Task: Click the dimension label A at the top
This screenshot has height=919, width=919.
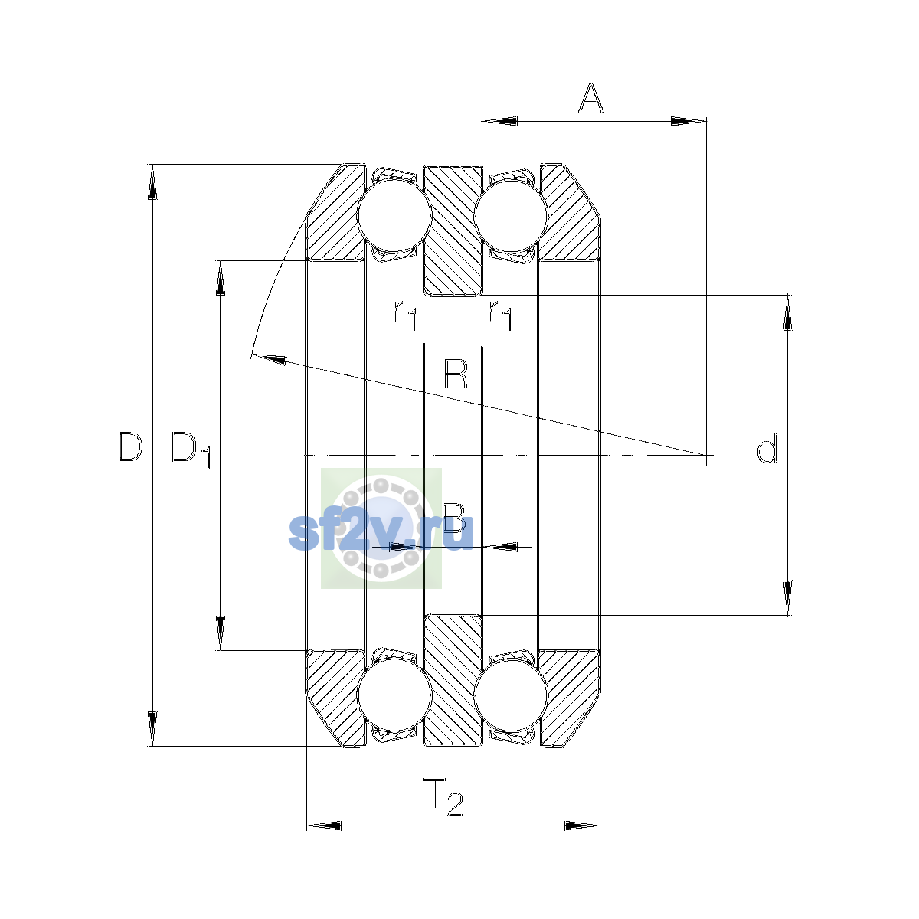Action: click(x=591, y=98)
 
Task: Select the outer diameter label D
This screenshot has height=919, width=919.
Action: click(x=130, y=446)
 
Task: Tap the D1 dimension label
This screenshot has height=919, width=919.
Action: click(x=191, y=450)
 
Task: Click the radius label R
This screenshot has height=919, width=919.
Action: click(x=456, y=374)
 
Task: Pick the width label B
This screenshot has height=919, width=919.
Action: click(x=454, y=518)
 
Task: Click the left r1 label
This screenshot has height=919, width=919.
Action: click(x=405, y=315)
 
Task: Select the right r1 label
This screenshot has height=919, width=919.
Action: click(x=500, y=315)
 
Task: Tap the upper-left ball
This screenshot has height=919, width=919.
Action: click(x=394, y=214)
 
